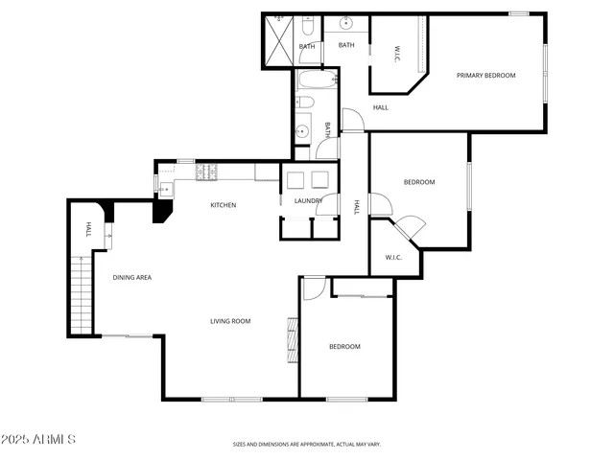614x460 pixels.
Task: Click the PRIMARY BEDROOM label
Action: point(485,76)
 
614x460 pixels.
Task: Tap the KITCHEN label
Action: point(224,205)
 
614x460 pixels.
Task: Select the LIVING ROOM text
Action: point(230,321)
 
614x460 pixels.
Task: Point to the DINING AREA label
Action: point(132,278)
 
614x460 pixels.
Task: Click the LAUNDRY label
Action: point(308,200)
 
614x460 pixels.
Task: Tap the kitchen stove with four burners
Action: point(206,172)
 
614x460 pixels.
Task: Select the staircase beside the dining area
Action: point(83,292)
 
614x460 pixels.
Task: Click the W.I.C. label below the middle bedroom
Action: point(393,257)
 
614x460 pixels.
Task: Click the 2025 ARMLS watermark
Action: point(38,439)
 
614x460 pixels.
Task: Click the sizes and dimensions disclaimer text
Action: point(307,445)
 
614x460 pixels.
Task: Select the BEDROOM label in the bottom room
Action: point(344,347)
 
